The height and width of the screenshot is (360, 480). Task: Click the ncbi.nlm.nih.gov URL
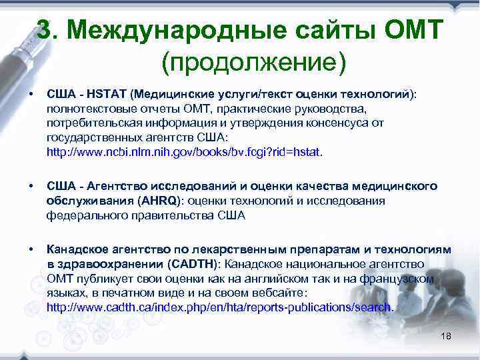183,152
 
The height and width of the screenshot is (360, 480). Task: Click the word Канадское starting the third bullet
74,249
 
